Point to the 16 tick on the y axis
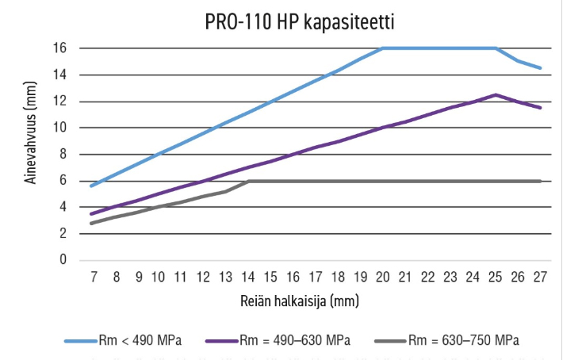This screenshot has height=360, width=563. pyautogui.click(x=60, y=48)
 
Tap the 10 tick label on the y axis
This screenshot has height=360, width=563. pyautogui.click(x=60, y=128)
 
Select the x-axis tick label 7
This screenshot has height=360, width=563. pyautogui.click(x=94, y=278)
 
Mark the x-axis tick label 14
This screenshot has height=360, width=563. pyautogui.click(x=250, y=278)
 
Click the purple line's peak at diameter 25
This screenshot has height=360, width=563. pyautogui.click(x=496, y=94)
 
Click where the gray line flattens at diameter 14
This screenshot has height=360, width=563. pyautogui.click(x=250, y=181)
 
